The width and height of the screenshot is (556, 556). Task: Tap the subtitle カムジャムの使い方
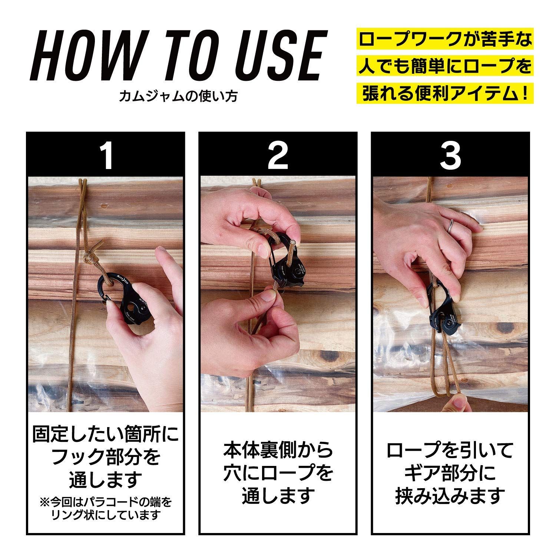tap(179, 96)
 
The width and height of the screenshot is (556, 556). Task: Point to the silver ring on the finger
tap(451, 225)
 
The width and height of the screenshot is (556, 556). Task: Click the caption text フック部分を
tap(106, 457)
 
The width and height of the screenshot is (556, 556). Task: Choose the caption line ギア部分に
tap(450, 472)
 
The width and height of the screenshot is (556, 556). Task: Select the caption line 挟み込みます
tap(450, 495)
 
